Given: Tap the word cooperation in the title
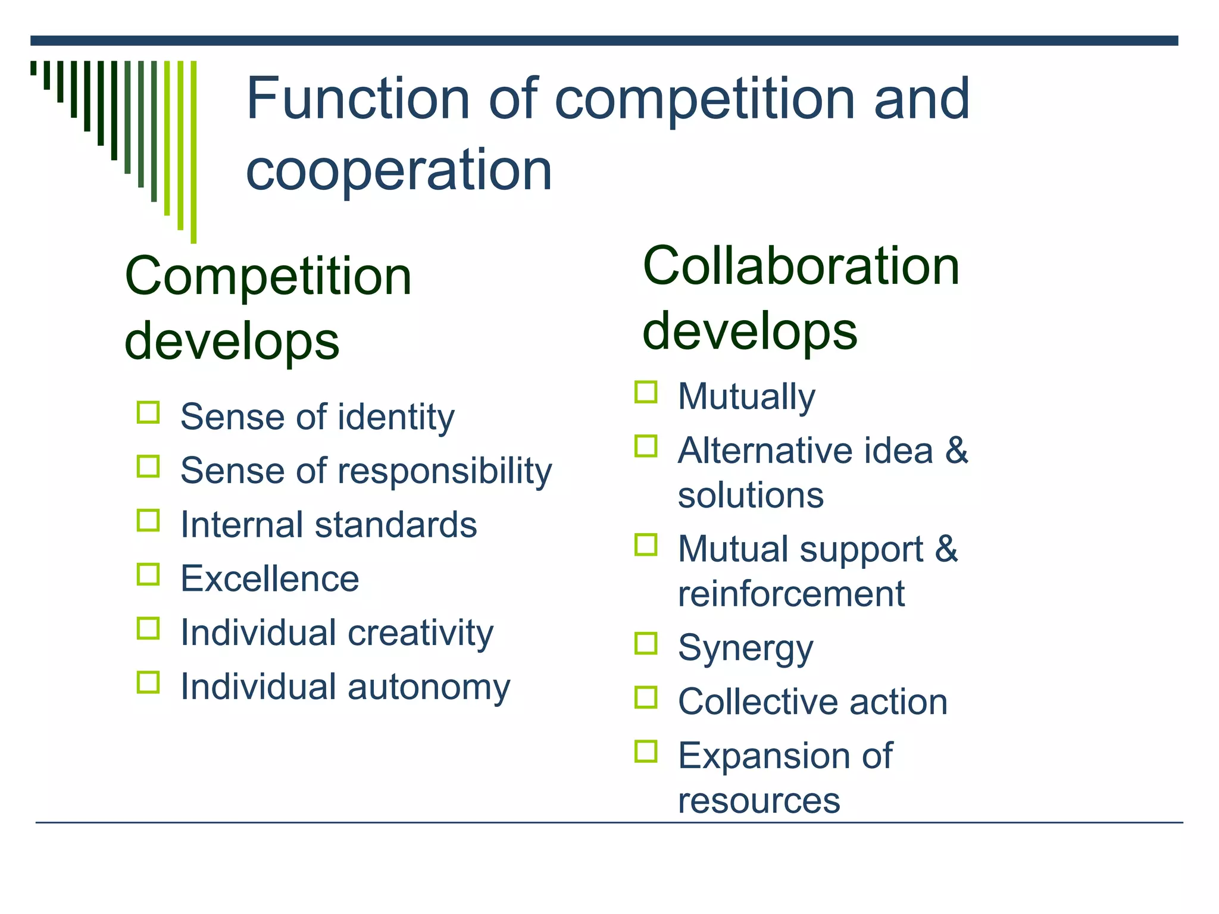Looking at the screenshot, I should click(x=399, y=171).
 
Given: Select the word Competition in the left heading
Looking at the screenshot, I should click(x=268, y=277).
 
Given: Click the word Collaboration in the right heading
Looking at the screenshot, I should click(x=801, y=266).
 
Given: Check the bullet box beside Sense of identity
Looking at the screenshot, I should click(x=148, y=412).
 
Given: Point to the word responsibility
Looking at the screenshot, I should click(x=445, y=471).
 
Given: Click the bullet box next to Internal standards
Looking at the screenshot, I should click(x=148, y=521).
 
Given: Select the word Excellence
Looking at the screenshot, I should click(x=270, y=578).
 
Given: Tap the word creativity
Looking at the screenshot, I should click(x=421, y=633).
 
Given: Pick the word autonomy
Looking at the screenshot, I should click(x=429, y=687).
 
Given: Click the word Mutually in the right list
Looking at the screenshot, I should click(x=746, y=397).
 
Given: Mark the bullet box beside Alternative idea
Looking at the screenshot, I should click(x=646, y=446).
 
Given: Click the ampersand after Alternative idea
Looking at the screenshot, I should click(x=957, y=450).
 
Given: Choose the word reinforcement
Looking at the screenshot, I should click(x=791, y=594).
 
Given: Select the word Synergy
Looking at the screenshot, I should click(x=745, y=648).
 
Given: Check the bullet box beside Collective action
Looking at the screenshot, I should click(x=646, y=697).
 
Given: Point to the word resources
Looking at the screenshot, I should click(x=759, y=800).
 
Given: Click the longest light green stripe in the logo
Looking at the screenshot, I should click(x=193, y=152).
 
